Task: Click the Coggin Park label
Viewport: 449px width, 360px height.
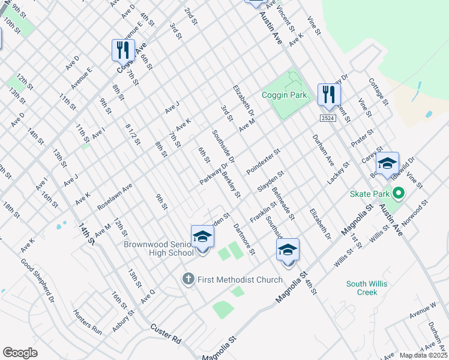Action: pos(284,95)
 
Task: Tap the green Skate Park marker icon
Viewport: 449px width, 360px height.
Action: pos(398,194)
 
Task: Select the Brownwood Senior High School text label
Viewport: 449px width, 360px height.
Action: pos(158,248)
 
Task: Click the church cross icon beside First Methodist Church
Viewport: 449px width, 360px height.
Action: pos(188,279)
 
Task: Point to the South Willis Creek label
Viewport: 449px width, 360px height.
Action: pos(362,288)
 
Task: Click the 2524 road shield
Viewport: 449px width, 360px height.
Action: pos(327,119)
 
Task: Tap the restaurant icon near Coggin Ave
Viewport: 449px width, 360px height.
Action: pos(122,50)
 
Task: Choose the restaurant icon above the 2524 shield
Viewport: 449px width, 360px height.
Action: pos(328,94)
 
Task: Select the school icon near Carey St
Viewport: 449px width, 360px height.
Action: pos(387,163)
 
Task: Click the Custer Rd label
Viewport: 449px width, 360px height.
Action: pos(166,333)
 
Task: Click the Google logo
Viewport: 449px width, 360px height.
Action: pos(20,353)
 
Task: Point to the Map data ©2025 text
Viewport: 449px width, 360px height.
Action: pos(424,355)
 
